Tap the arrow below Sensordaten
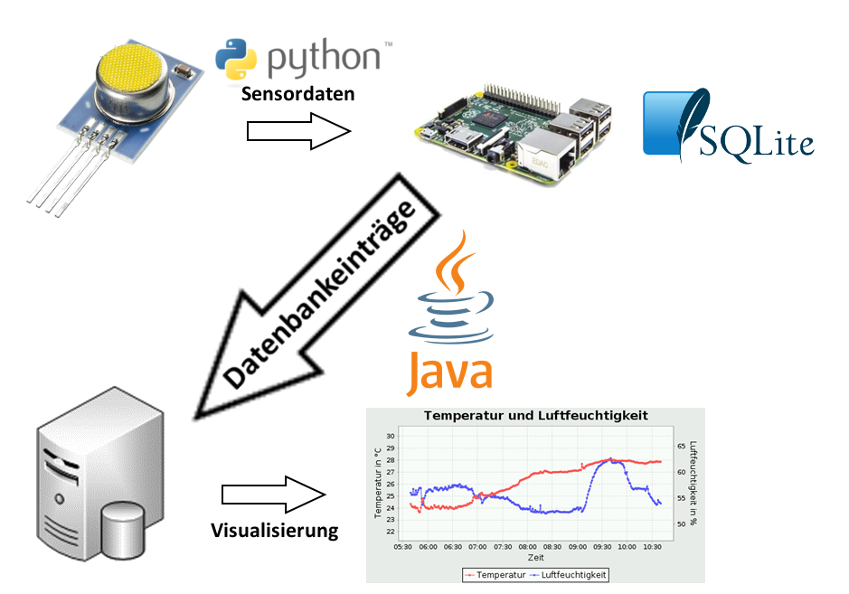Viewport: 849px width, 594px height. pyautogui.click(x=298, y=132)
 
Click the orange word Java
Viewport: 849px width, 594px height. pyautogui.click(x=449, y=372)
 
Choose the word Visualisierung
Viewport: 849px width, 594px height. pyautogui.click(x=274, y=530)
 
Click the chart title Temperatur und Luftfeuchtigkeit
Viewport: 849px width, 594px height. pyautogui.click(x=536, y=416)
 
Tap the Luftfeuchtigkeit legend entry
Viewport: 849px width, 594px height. pyautogui.click(x=570, y=574)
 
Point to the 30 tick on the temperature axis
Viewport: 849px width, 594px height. pyautogui.click(x=391, y=436)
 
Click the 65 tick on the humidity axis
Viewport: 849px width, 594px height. pyautogui.click(x=681, y=446)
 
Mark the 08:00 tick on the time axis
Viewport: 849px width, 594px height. pyautogui.click(x=528, y=546)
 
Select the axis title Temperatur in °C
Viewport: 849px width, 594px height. pyautogui.click(x=378, y=484)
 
